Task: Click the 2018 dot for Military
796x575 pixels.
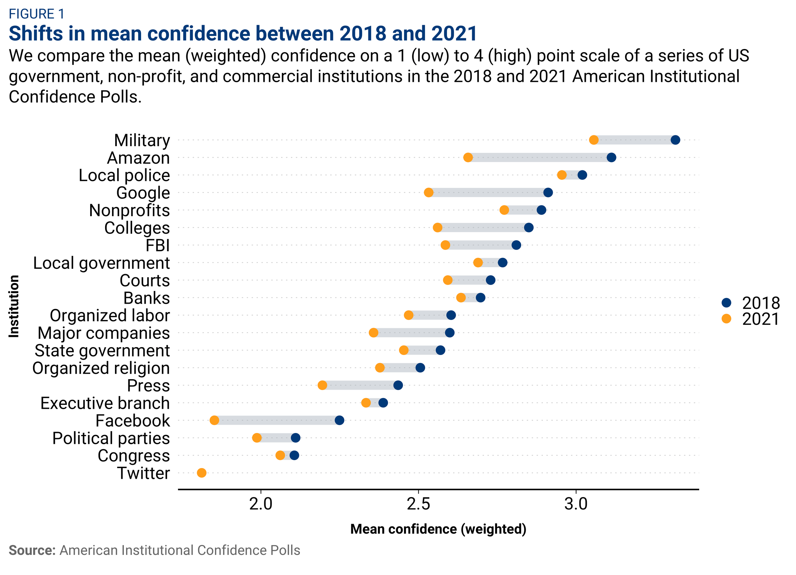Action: (x=675, y=140)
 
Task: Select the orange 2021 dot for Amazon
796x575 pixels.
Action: (x=468, y=158)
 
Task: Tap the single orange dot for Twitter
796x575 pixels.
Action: (x=202, y=473)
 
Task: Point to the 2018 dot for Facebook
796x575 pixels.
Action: (x=339, y=420)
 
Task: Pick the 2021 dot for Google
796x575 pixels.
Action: (x=429, y=192)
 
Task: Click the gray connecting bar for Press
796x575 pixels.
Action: (x=360, y=386)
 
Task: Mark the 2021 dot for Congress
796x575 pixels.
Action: (x=280, y=455)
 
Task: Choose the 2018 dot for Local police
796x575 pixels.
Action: (x=582, y=175)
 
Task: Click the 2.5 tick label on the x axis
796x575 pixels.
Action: (x=418, y=504)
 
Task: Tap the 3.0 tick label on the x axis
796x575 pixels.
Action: (x=576, y=504)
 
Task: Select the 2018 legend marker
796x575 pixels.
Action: (x=726, y=302)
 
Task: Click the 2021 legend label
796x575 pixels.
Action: (x=761, y=319)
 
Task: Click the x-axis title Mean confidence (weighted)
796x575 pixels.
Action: (x=438, y=529)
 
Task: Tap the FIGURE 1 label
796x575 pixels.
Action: (x=37, y=14)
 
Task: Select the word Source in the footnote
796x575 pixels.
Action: (x=32, y=550)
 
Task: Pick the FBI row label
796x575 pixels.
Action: (x=158, y=245)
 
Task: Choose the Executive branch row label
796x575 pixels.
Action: (x=105, y=403)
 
